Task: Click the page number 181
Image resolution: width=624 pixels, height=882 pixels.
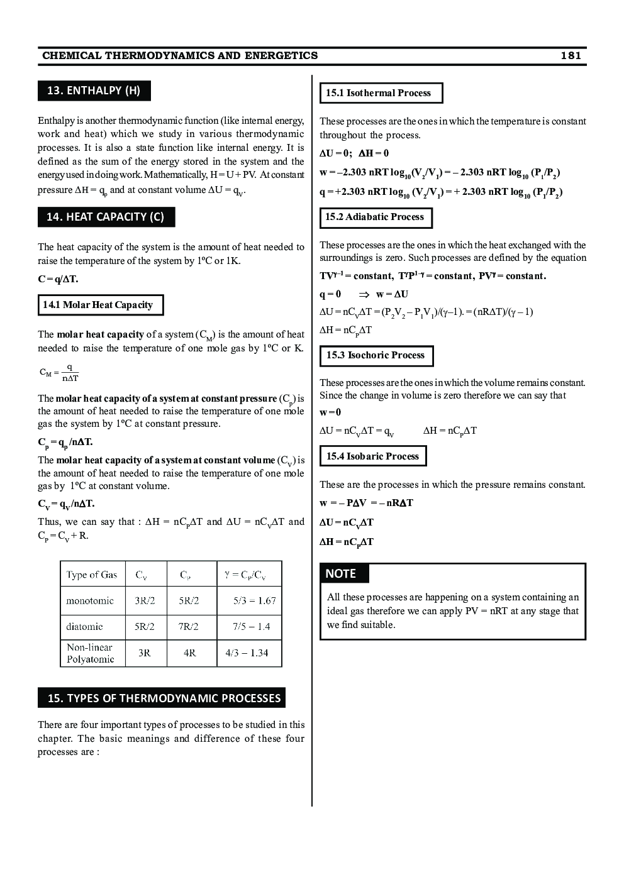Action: (571, 55)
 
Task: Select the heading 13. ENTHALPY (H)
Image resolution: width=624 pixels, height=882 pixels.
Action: (94, 91)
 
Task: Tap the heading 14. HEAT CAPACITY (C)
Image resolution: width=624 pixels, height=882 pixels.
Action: (106, 217)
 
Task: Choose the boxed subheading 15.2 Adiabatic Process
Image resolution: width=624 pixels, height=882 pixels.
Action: (375, 217)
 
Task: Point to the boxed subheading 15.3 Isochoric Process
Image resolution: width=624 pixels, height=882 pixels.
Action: (376, 355)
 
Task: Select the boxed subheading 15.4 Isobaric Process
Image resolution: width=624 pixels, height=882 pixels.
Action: (372, 456)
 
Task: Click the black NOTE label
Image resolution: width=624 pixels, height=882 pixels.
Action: (341, 573)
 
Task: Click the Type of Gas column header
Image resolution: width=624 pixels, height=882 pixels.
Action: (92, 575)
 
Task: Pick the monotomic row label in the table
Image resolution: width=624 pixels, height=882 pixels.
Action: (90, 601)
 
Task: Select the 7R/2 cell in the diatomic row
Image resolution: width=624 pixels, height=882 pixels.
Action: (189, 627)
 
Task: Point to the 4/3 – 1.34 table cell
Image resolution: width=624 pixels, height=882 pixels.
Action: (247, 653)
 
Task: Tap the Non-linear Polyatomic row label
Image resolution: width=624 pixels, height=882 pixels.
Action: (91, 653)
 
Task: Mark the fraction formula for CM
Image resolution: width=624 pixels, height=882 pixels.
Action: (60, 373)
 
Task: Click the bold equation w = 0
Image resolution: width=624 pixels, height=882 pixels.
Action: (330, 412)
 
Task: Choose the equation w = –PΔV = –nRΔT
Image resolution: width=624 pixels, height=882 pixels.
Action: (366, 503)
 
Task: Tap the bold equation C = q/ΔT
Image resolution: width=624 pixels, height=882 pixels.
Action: (58, 279)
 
